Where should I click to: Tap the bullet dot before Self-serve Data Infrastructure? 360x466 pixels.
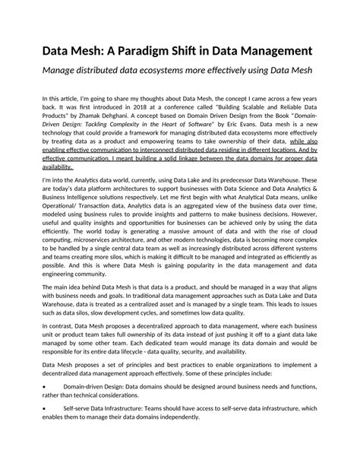tap(43, 430)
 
